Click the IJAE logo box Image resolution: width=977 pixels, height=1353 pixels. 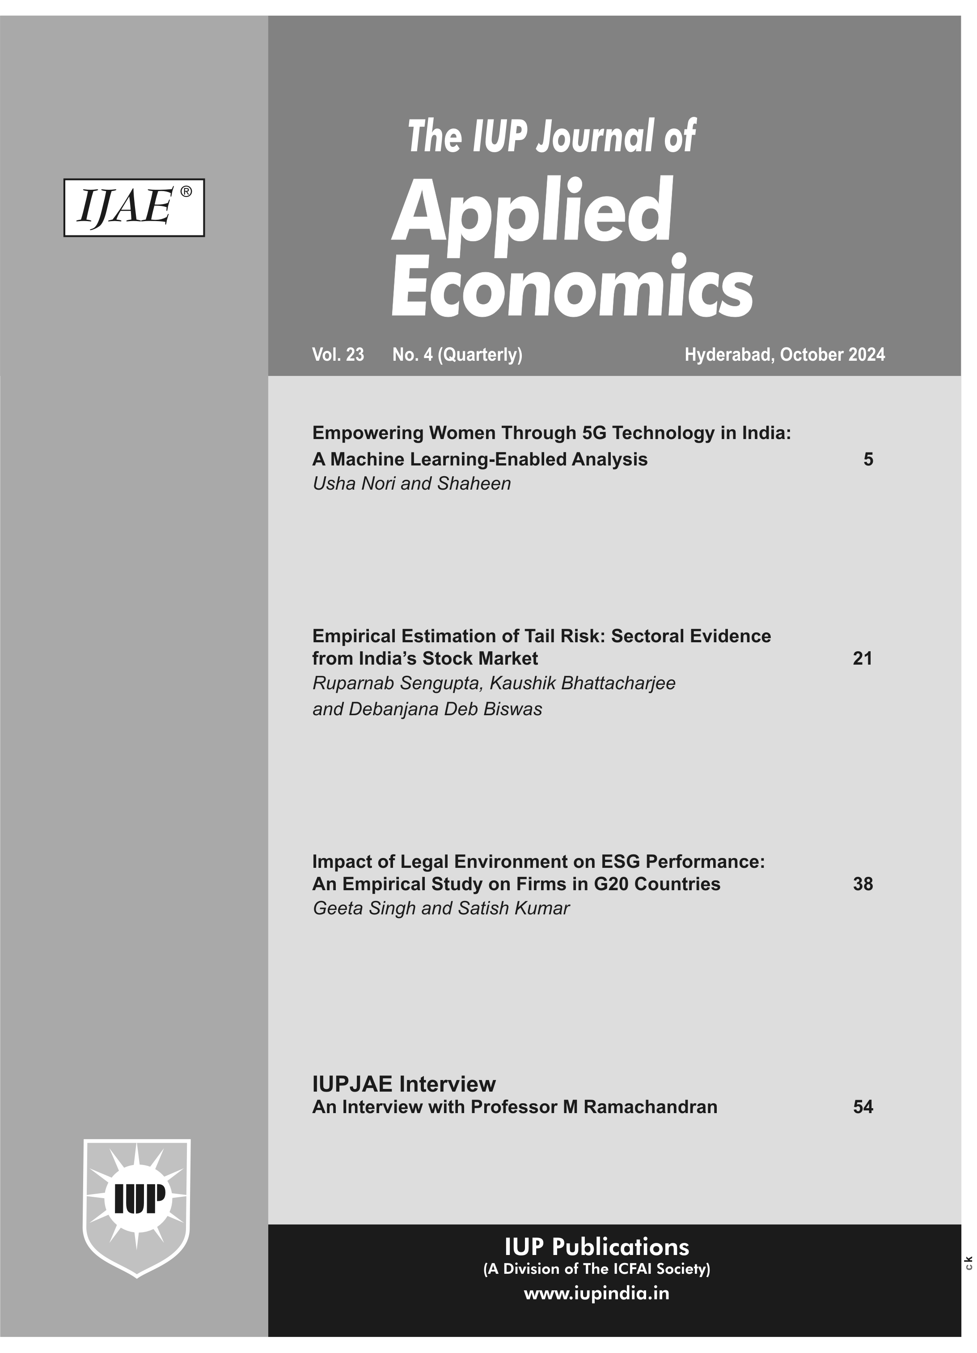[134, 208]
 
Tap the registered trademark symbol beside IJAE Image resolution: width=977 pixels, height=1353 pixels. [186, 192]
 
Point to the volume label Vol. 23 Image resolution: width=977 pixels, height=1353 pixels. [338, 355]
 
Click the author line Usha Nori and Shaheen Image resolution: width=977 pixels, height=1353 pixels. [411, 484]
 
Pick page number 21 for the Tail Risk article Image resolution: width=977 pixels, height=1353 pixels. [862, 659]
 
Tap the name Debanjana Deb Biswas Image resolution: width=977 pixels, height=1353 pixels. [445, 709]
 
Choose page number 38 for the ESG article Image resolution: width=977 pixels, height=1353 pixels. [863, 884]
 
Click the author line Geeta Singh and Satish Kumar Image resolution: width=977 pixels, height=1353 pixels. [440, 909]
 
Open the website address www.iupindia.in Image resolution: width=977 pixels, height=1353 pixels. [596, 1293]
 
